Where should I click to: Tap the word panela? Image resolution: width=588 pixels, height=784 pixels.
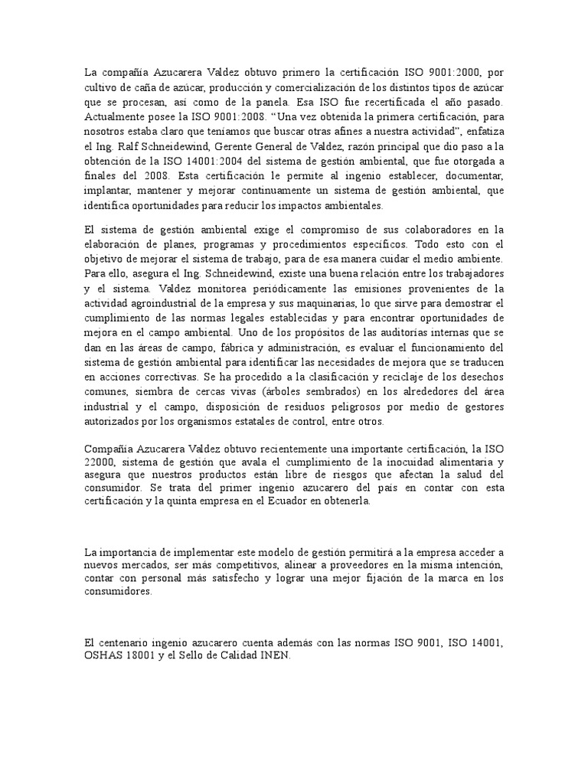click(262, 101)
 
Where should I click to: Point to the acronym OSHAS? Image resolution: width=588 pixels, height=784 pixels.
click(103, 656)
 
